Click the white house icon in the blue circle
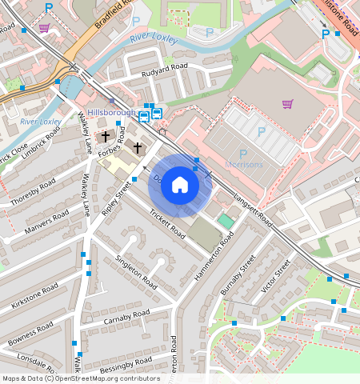(x=180, y=186)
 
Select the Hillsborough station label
(x=111, y=113)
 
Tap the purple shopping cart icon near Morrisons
(x=287, y=103)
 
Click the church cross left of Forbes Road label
(x=105, y=137)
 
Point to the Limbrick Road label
(x=41, y=146)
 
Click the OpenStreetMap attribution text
(x=80, y=378)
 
